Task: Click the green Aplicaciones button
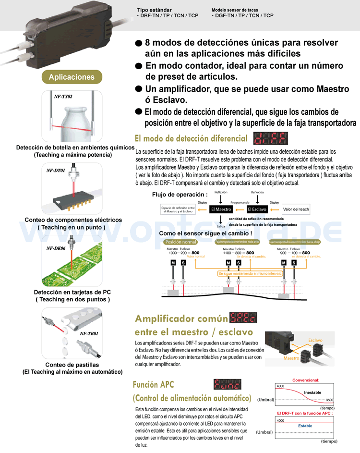tap(72, 77)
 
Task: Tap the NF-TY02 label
tap(63, 97)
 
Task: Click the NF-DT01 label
tap(56, 170)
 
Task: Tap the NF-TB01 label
tap(89, 333)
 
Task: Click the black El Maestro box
tap(221, 209)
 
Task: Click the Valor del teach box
tap(296, 209)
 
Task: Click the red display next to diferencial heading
tap(271, 139)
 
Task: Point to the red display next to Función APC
tap(227, 384)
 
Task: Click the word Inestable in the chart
tap(312, 392)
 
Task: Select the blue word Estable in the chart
tap(305, 426)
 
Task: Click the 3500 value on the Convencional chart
tap(329, 400)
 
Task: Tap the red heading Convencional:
tap(306, 380)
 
